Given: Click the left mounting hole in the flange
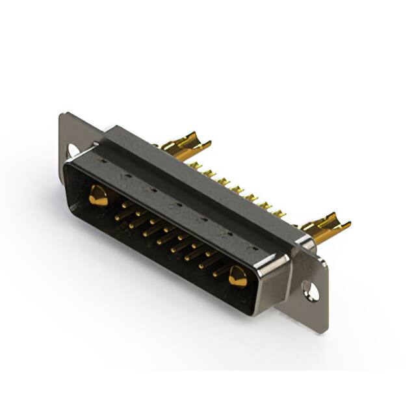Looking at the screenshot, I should [x=73, y=150].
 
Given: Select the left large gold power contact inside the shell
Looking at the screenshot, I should [x=98, y=195].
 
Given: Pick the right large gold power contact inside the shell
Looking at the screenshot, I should [x=237, y=278].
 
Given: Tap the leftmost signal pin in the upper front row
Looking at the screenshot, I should [x=124, y=204].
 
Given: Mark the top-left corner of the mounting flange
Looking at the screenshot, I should [x=61, y=115].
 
